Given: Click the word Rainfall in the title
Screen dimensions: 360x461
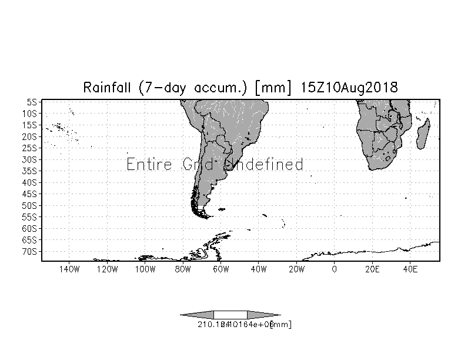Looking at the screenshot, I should (x=109, y=88).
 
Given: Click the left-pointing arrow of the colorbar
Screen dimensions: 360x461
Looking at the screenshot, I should (x=197, y=314).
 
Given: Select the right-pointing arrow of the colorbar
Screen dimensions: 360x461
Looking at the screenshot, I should (x=263, y=314).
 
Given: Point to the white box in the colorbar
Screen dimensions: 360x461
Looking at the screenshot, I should (x=230, y=314).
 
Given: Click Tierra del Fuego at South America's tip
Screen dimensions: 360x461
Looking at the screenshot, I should (x=203, y=212).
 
